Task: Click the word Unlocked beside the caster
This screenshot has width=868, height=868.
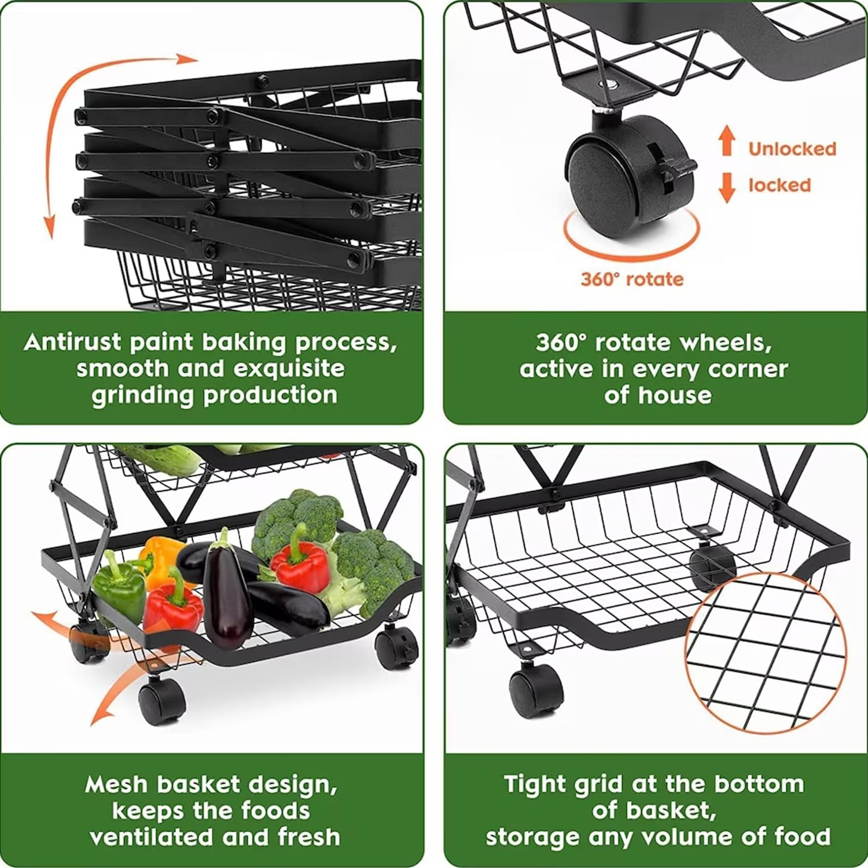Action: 792,149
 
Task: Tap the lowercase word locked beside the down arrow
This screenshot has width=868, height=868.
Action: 779,185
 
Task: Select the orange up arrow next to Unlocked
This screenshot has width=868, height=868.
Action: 727,142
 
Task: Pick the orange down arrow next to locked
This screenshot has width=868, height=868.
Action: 727,188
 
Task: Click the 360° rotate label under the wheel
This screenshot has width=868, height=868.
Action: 632,279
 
